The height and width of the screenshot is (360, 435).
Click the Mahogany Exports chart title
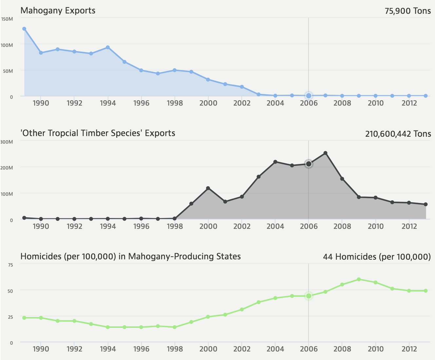58,10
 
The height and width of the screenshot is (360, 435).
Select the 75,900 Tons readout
408,11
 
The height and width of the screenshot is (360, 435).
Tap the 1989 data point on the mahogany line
24,29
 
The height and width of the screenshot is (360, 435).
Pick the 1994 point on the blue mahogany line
108,48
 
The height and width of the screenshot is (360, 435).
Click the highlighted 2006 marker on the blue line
309,96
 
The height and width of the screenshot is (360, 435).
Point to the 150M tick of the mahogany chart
7,19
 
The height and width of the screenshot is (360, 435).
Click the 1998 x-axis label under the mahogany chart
175,103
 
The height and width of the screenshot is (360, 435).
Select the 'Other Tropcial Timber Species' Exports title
98,133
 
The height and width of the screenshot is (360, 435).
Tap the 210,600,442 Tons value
398,134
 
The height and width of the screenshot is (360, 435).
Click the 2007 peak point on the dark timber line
325,153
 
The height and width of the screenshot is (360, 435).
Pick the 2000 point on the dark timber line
208,188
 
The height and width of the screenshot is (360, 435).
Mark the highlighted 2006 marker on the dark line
309,164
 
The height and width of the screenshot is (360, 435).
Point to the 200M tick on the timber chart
7,168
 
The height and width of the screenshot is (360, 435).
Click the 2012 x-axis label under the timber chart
409,226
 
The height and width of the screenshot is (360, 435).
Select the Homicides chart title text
130,256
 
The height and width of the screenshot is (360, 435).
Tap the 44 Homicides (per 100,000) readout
377,257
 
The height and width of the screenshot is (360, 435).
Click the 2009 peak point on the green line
359,279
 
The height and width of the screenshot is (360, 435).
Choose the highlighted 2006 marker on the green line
309,296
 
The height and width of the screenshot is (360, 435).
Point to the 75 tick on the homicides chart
10,265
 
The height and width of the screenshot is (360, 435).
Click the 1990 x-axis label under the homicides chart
41,349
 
